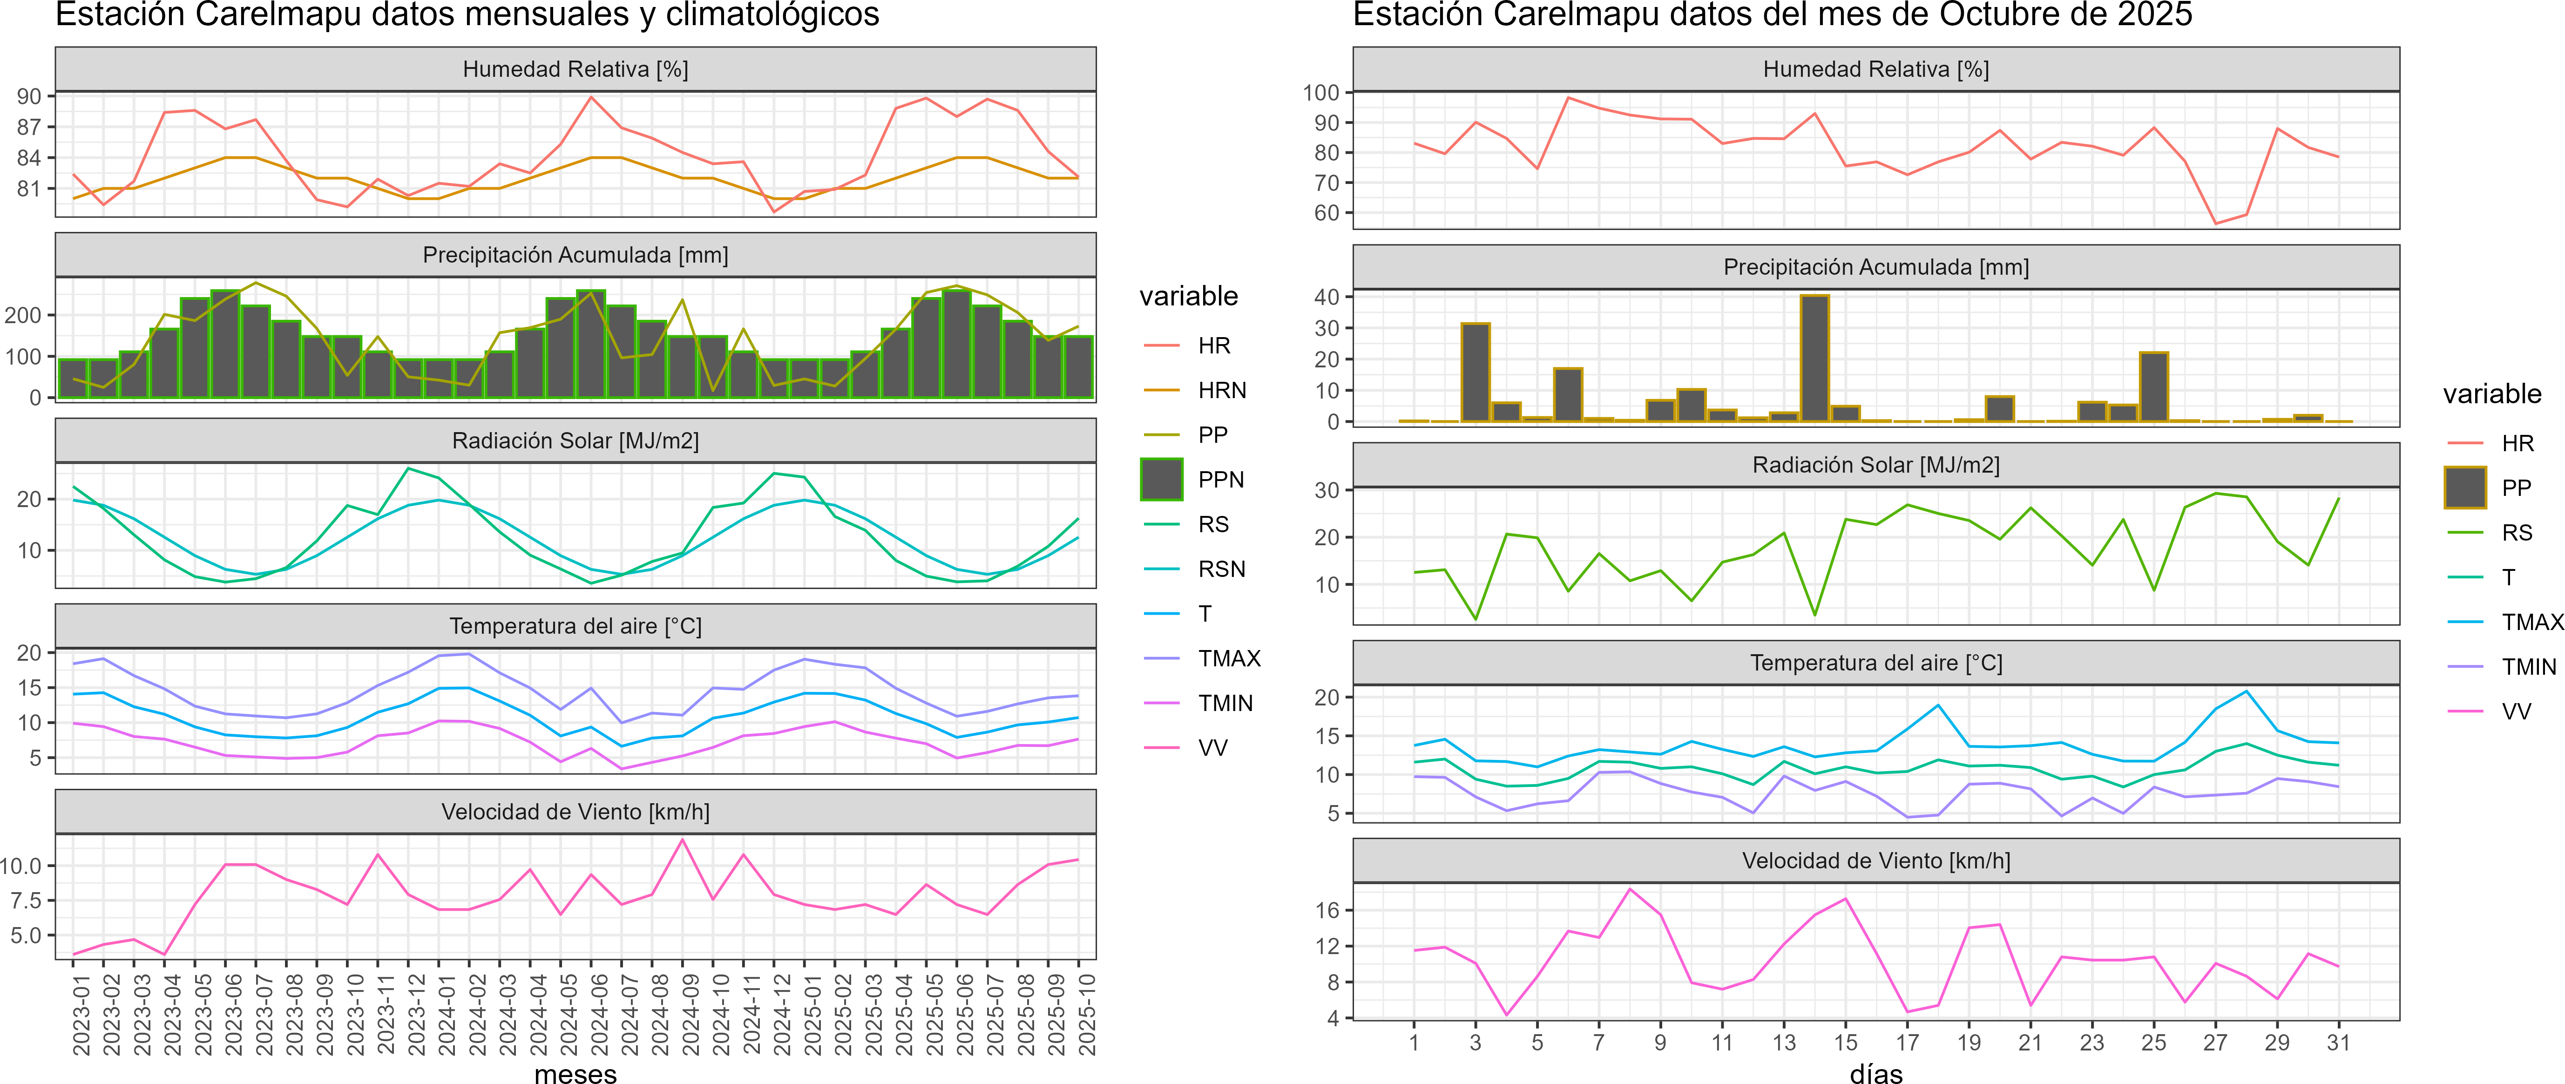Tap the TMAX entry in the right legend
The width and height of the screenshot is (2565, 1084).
coord(2531,622)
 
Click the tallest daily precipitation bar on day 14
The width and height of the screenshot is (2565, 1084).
coord(1814,359)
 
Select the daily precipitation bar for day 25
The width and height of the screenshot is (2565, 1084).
coord(2154,386)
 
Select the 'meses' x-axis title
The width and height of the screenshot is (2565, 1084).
coord(575,1073)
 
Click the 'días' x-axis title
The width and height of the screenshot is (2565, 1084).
coord(1876,1073)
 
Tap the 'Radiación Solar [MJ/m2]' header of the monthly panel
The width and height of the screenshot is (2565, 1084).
coord(575,441)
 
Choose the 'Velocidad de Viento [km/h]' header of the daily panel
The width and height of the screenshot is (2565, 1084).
coord(1876,861)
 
